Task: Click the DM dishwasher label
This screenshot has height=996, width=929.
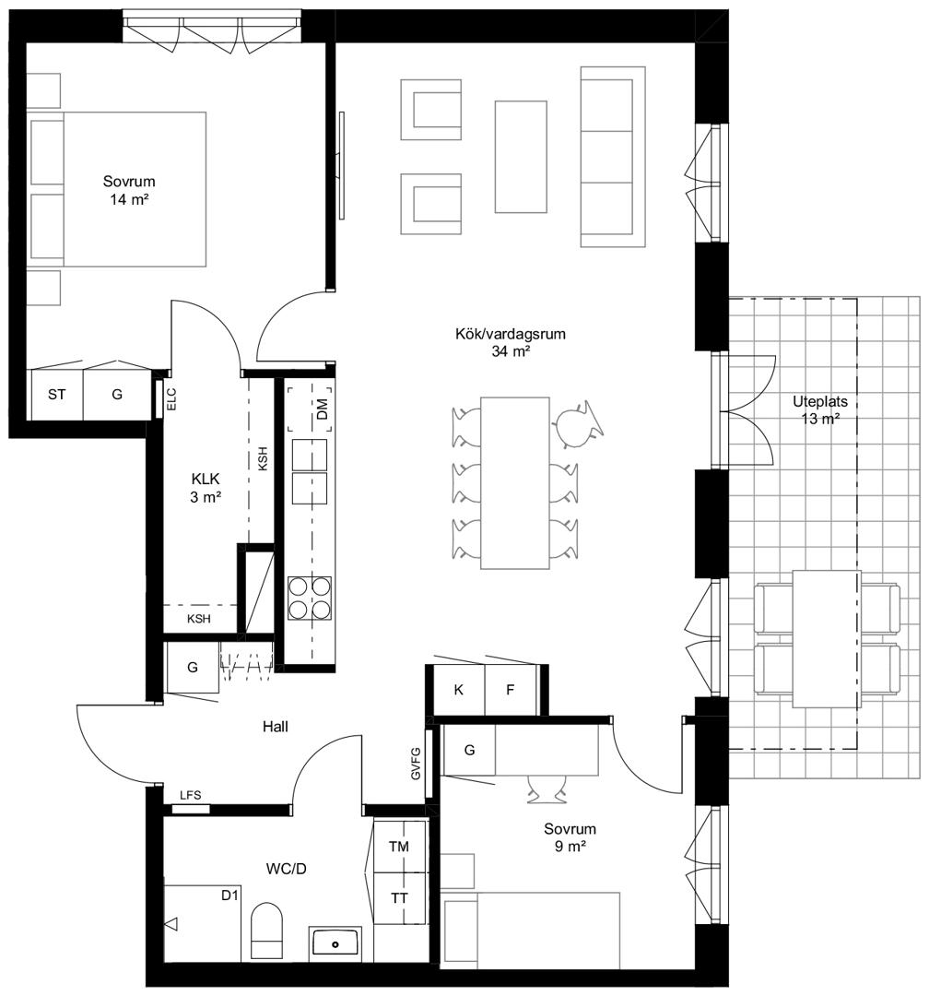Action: (x=322, y=409)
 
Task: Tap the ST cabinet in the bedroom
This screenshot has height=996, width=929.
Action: (x=57, y=395)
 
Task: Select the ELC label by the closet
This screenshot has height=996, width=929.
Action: (x=171, y=399)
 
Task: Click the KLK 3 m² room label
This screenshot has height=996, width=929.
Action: (x=206, y=488)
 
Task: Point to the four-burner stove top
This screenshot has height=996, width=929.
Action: (x=310, y=599)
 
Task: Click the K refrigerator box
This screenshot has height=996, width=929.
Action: (x=458, y=690)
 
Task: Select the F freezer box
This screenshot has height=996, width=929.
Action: (x=511, y=690)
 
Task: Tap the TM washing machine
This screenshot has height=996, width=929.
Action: (x=399, y=846)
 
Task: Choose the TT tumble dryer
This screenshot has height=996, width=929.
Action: (x=399, y=898)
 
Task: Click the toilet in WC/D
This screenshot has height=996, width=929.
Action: (x=266, y=930)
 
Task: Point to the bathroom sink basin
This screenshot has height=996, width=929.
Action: (x=335, y=944)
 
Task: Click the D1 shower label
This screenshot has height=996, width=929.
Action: (x=229, y=895)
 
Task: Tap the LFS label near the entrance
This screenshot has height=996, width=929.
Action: (x=191, y=795)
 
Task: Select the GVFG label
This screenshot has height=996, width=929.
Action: (x=416, y=763)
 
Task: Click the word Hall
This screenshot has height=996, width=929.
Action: (x=275, y=726)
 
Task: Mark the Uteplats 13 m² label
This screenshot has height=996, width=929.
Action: (x=819, y=409)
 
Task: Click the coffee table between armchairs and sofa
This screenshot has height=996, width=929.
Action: (x=521, y=156)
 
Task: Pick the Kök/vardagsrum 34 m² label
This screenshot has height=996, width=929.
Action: (x=511, y=342)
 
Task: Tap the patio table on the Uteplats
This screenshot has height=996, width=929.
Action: (x=827, y=638)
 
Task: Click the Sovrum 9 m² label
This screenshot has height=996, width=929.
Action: (x=570, y=837)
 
